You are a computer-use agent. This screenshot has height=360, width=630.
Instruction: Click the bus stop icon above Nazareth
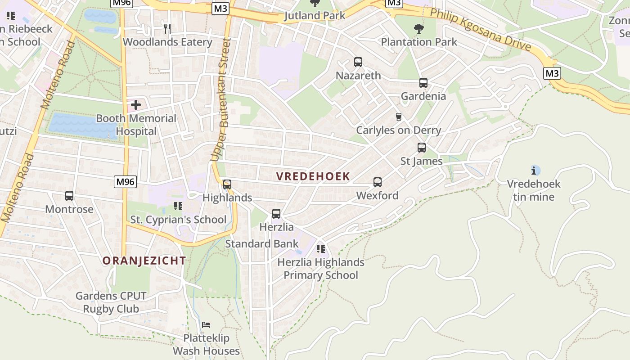coord(358,62)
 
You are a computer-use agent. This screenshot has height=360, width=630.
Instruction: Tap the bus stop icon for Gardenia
coord(423,83)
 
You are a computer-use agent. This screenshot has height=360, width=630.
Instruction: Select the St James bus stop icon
coord(421,148)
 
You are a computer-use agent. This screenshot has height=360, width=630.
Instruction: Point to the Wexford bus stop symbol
coord(377,182)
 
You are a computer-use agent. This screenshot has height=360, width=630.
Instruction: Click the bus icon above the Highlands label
coord(227,184)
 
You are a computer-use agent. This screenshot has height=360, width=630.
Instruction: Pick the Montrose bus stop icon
coord(69,196)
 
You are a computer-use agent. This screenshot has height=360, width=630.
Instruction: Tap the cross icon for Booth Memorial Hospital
coord(135,105)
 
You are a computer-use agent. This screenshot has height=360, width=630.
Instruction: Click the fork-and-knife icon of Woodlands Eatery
coord(167,29)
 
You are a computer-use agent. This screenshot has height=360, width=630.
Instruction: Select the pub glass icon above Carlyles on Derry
coord(398,117)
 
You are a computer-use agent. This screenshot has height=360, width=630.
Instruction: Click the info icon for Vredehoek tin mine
coord(534,171)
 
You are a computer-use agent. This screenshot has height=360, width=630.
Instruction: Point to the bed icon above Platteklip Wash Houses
coord(206,324)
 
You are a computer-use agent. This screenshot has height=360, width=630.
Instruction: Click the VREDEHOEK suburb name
coord(313,176)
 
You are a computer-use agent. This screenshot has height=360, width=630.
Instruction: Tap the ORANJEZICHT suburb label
coord(144,261)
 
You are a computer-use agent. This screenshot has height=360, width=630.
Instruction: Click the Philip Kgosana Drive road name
coord(480,30)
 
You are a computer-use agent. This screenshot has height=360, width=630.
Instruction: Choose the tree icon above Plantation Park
coord(418,29)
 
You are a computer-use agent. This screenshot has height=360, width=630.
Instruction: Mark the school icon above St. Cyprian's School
coord(178,207)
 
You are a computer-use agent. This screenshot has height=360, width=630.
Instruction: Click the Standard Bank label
coord(261,244)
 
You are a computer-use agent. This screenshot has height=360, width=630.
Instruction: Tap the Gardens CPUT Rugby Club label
coord(111,302)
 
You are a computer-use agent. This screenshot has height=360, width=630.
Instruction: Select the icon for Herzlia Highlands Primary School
coord(320,249)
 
